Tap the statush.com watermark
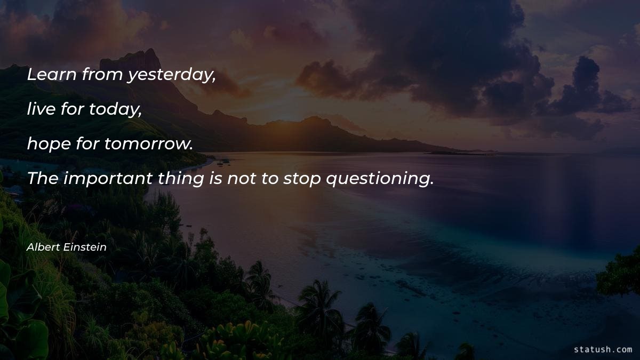tap(603, 349)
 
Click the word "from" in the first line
tap(103, 75)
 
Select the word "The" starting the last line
tap(42, 179)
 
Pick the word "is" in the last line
tap(215, 179)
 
